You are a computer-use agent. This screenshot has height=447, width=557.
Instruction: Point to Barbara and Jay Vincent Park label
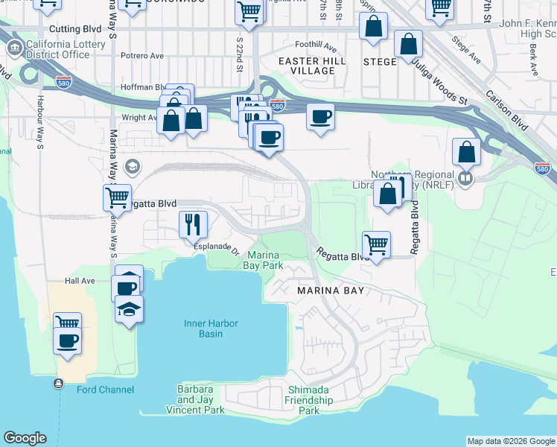pyautogui.click(x=200, y=399)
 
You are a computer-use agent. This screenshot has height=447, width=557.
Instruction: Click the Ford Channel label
pyautogui.click(x=105, y=390)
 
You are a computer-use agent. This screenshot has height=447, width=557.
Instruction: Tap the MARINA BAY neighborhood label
pyautogui.click(x=331, y=290)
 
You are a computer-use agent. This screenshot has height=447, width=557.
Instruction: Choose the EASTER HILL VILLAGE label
pyautogui.click(x=307, y=66)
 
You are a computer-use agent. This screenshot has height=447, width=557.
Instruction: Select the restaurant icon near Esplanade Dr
pyautogui.click(x=192, y=223)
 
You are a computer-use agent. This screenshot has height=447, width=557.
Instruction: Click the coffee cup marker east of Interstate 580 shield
pyautogui.click(x=320, y=116)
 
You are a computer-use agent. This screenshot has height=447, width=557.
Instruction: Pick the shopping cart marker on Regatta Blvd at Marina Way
pyautogui.click(x=118, y=198)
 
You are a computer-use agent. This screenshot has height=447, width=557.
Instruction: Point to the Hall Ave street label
pyautogui.click(x=80, y=281)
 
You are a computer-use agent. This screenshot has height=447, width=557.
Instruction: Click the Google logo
pyautogui.click(x=25, y=438)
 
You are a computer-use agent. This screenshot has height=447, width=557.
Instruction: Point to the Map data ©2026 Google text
pyautogui.click(x=511, y=441)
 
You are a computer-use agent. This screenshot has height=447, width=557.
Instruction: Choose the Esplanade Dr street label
pyautogui.click(x=215, y=246)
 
